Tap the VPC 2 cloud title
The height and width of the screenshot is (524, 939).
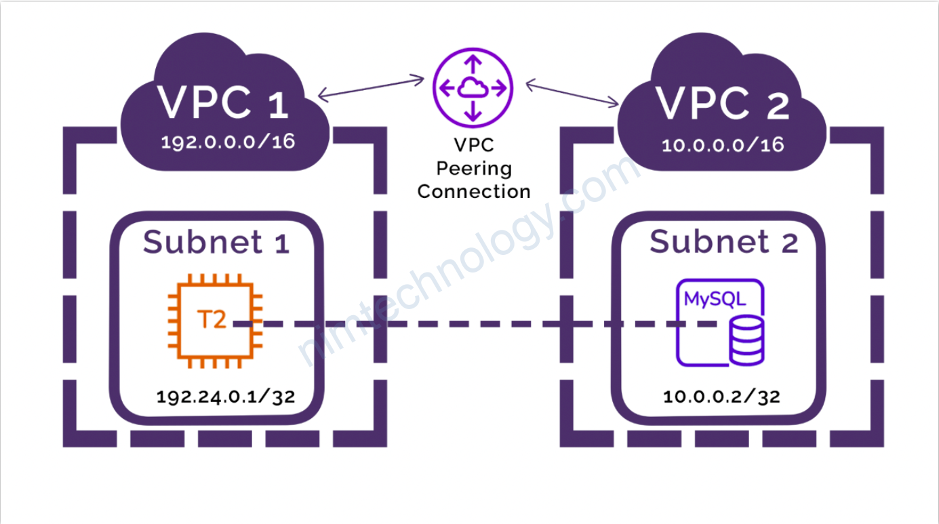point(723,103)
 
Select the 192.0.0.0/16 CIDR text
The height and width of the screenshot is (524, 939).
point(228,143)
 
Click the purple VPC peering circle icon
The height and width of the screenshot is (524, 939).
point(473,88)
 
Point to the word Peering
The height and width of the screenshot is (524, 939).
point(474,169)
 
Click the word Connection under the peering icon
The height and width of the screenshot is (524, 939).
point(474,192)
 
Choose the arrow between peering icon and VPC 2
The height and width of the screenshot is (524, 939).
point(573,93)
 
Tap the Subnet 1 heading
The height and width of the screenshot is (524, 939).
point(216,242)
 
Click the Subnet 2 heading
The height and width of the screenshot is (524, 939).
point(723,242)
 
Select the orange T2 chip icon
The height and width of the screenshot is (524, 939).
point(212,321)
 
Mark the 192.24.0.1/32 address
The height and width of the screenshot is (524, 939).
point(226,397)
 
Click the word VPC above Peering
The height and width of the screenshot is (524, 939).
point(474,146)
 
